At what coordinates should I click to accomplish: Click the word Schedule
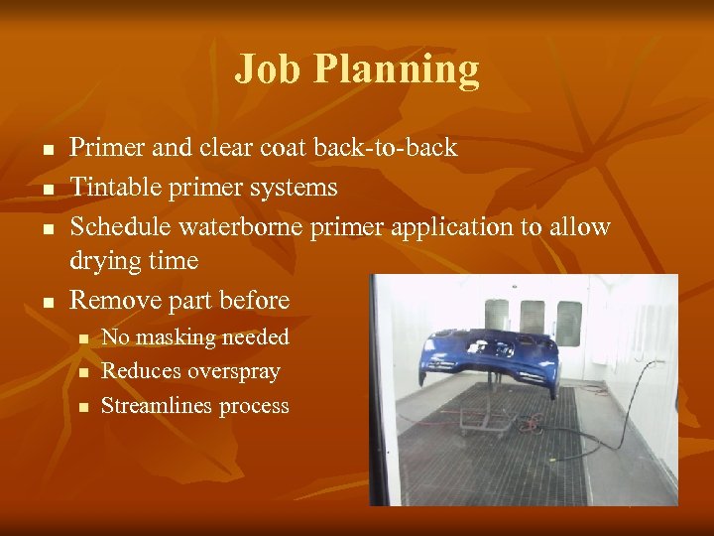tap(120, 226)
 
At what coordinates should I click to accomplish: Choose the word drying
tap(102, 262)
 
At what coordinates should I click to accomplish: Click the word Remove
tap(112, 300)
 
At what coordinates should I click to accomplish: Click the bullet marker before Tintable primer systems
tap(47, 189)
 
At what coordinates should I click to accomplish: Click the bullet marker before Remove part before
tap(47, 301)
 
